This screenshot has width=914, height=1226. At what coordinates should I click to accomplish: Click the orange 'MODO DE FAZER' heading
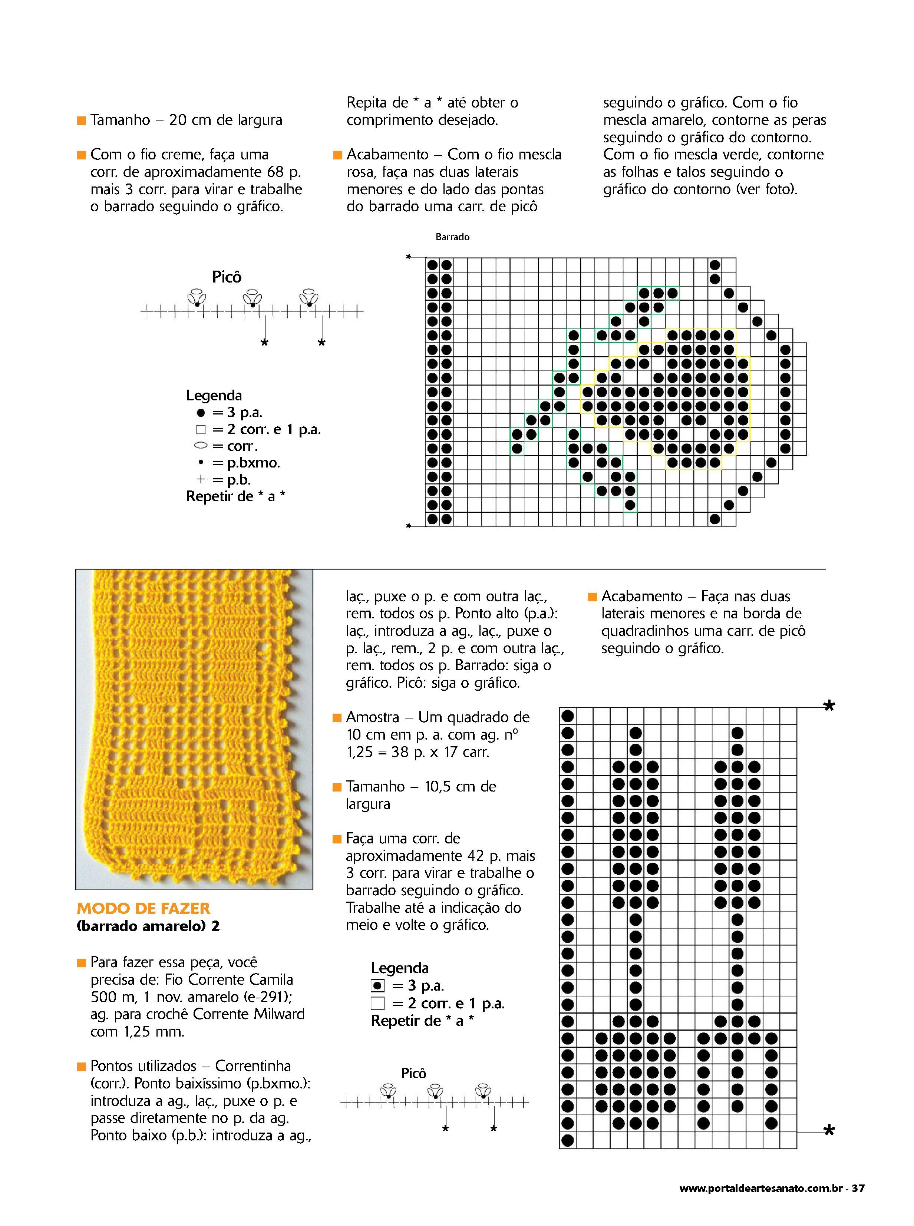[x=143, y=908]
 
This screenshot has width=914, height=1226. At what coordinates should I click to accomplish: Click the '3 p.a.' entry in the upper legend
[x=244, y=412]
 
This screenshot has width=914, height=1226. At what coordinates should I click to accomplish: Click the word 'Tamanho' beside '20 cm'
[x=120, y=120]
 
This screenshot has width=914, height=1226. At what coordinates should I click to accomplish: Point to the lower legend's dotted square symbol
[x=377, y=985]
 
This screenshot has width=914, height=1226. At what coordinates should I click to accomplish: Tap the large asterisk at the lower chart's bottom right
[x=828, y=1131]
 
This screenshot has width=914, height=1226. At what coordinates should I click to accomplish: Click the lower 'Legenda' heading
[x=399, y=968]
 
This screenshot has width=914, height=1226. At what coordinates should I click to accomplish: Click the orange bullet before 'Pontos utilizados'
[x=81, y=1066]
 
